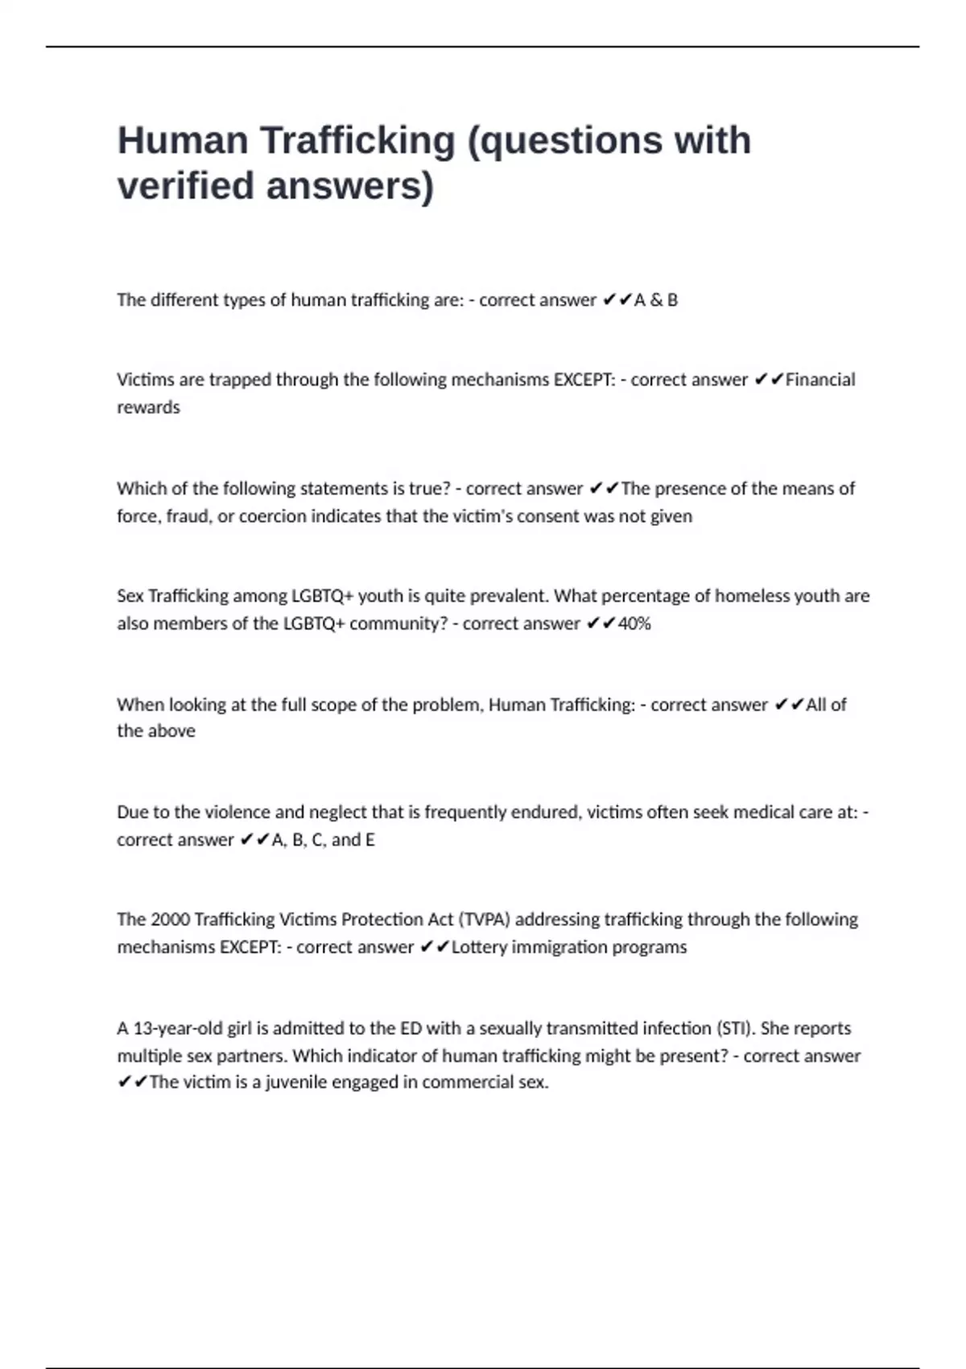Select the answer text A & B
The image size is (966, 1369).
[656, 300]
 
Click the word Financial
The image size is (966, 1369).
[820, 379]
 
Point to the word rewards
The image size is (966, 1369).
[148, 407]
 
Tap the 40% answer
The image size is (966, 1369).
[634, 624]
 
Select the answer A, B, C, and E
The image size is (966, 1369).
[323, 840]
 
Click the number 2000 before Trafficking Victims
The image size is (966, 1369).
[171, 920]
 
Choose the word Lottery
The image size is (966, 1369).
[479, 947]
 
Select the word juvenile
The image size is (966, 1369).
[296, 1082]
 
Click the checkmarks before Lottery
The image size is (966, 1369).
[435, 947]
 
